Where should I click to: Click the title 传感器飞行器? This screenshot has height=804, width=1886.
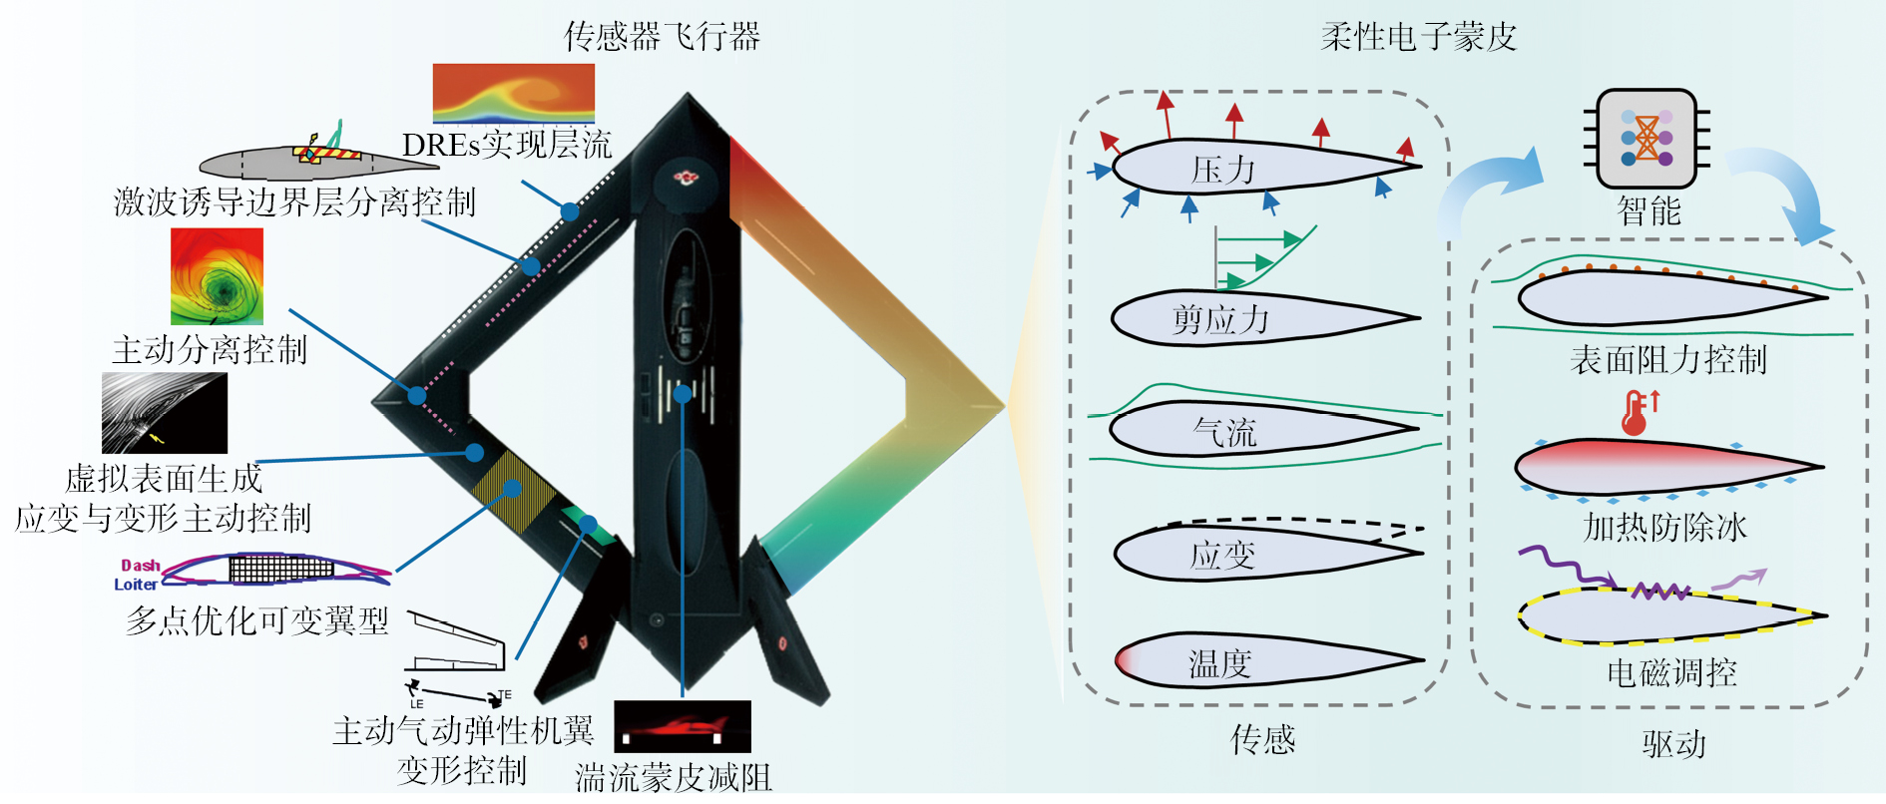point(662,37)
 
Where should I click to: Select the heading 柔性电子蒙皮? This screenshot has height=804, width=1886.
point(1418,37)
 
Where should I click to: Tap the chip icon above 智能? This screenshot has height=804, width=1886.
point(1647,139)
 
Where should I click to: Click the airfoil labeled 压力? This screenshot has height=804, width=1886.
point(1257,167)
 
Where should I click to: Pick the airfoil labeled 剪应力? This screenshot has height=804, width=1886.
point(1257,319)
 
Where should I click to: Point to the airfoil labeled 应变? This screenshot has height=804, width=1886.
point(1257,554)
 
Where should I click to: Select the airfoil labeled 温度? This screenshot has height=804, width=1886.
point(1257,661)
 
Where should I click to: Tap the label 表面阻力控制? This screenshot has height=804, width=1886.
point(1667,359)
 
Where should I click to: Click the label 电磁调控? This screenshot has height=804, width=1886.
point(1671,673)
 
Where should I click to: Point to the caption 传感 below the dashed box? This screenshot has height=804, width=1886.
point(1262,740)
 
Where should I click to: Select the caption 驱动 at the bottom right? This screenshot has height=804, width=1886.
point(1673,744)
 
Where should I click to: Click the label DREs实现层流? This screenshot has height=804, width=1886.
point(506,146)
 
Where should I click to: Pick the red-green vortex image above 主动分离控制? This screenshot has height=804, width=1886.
point(217,276)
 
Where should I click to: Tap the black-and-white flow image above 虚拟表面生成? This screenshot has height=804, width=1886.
point(165,413)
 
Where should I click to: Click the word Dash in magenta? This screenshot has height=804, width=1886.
point(140,566)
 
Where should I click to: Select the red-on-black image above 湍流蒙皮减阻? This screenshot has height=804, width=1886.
point(683,726)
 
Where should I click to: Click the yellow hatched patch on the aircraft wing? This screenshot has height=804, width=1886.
point(513,489)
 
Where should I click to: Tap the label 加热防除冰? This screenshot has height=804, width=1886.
point(1664,528)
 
